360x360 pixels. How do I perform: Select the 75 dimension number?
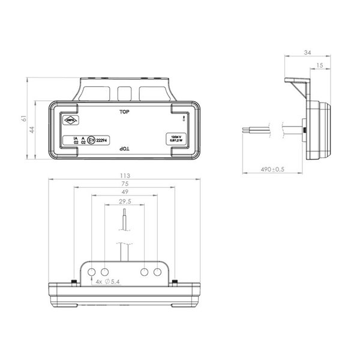(x=125, y=184)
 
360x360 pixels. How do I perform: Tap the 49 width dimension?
(x=125, y=193)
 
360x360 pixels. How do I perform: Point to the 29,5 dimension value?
(x=125, y=202)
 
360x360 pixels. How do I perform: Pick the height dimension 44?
(x=35, y=130)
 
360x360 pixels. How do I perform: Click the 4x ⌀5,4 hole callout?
(x=107, y=281)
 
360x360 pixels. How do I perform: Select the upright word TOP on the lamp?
(x=125, y=112)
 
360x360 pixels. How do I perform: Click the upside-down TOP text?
(x=125, y=148)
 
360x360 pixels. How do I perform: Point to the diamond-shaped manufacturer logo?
(x=71, y=119)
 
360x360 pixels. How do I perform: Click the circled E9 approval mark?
(x=91, y=141)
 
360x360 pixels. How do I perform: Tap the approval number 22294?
(x=103, y=141)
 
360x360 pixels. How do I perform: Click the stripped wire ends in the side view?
(x=251, y=128)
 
